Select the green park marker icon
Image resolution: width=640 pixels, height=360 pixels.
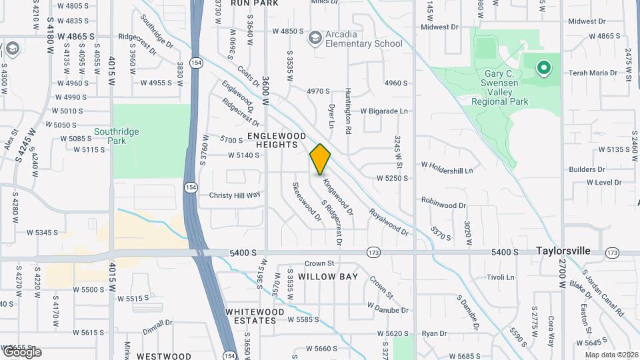543,67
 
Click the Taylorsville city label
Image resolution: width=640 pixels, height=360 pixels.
563,251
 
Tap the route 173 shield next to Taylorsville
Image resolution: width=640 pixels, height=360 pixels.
612,252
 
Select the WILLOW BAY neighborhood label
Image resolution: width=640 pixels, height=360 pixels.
328,276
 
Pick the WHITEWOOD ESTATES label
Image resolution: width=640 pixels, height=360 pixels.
251,316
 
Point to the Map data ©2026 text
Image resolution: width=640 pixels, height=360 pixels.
611,354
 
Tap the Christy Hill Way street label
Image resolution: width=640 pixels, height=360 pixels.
235,195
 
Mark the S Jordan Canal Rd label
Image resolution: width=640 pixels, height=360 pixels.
602,292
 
